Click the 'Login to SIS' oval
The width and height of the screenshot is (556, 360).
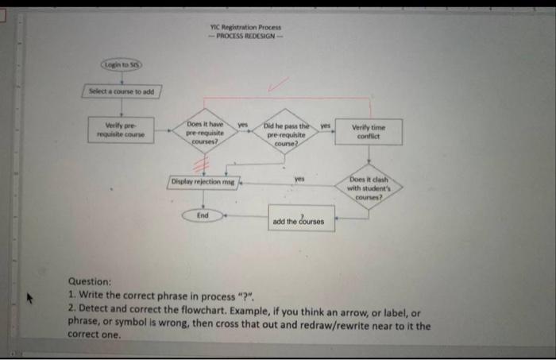click(x=121, y=63)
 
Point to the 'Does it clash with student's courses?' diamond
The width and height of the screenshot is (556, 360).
click(x=369, y=188)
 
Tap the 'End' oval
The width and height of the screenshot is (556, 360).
click(x=203, y=215)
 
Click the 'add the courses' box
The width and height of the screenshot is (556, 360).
click(x=301, y=219)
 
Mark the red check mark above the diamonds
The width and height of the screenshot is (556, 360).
click(x=278, y=83)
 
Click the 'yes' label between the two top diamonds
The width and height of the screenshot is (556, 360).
click(x=244, y=124)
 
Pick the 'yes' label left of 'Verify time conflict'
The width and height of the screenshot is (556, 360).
click(x=324, y=124)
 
